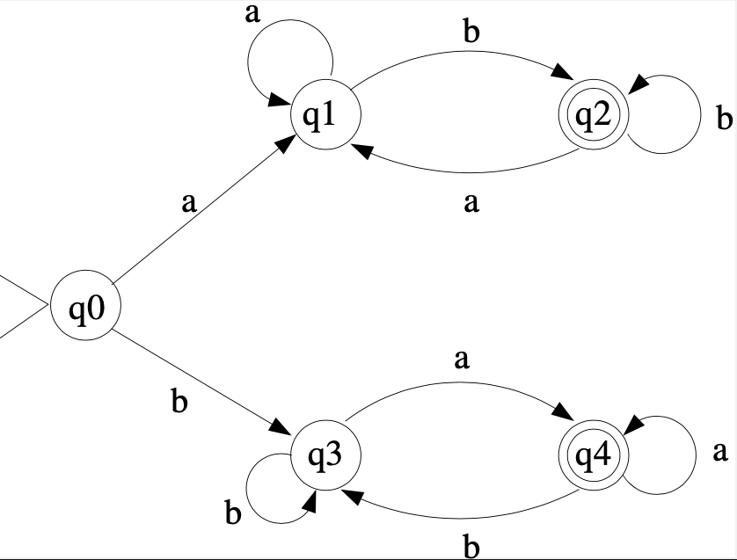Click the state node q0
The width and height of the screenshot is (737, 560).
(84, 307)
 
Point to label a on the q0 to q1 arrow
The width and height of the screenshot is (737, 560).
(188, 204)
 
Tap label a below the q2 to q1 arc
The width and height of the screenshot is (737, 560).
(471, 204)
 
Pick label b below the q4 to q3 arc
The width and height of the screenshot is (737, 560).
(471, 547)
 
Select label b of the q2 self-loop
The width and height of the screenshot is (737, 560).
(724, 118)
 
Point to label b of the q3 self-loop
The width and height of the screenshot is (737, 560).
(232, 513)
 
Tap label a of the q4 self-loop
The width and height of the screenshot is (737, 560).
(719, 452)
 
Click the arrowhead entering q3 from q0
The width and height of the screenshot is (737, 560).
(282, 426)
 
